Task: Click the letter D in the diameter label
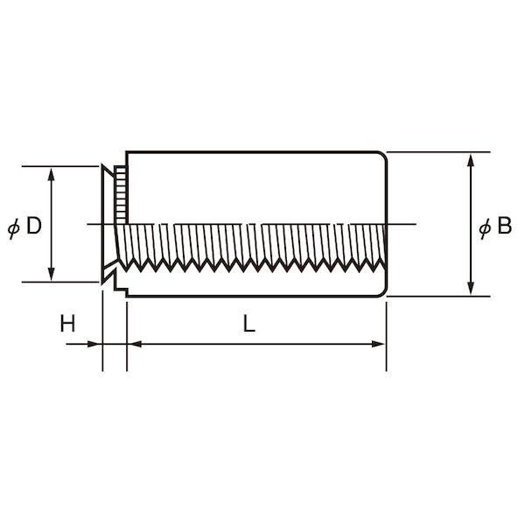pos(34,226)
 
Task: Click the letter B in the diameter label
pos(505,226)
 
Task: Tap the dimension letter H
pos(67,324)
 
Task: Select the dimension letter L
pos(248,324)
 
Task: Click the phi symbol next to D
pos(14,227)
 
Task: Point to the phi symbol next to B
pos(485,227)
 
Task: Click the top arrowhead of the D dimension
pos(52,174)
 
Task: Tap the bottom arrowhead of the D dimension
pos(52,274)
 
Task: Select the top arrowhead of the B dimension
pos(471,160)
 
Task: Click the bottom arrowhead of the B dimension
pos(471,288)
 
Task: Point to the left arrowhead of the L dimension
pos(135,344)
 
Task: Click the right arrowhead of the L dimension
pos(378,344)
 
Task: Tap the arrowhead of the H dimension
pos(94,344)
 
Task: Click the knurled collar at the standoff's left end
pos(121,195)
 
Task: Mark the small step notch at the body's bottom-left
pos(122,288)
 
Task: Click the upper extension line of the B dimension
pos(438,152)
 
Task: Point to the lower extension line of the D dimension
pos(60,283)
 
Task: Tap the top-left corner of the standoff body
pos(127,152)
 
